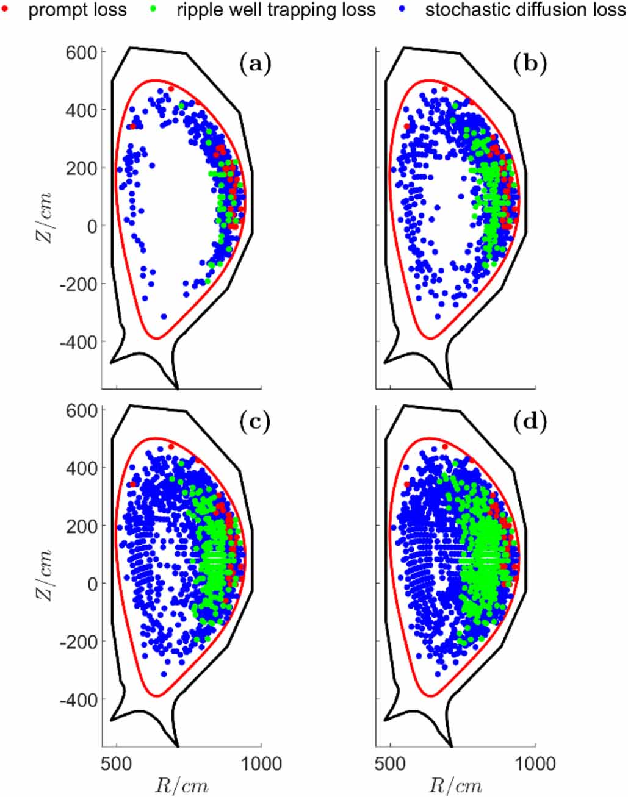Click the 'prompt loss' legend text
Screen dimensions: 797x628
78,10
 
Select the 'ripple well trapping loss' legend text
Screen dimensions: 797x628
276,10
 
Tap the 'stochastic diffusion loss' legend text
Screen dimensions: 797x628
525,10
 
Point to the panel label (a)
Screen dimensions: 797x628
256,63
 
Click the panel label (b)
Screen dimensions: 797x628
530,63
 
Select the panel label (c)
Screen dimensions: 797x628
256,422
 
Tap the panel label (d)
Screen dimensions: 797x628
530,422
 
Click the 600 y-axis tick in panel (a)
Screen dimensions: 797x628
81,52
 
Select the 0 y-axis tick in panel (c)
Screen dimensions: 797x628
92,584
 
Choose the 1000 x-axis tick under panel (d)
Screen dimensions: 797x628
535,763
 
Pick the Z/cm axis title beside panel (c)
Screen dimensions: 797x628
43,576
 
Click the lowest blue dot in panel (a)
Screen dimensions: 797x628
164,316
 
